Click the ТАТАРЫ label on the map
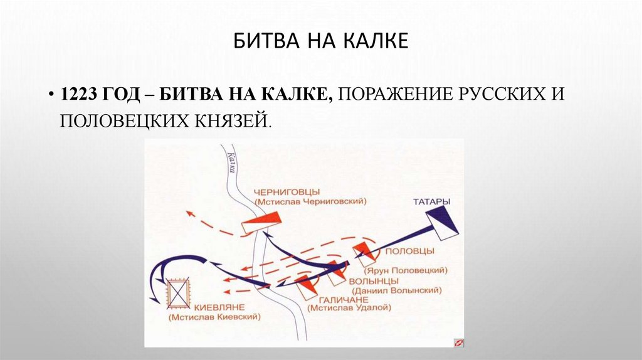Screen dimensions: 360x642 pyautogui.click(x=431, y=201)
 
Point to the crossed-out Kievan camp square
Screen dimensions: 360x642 pyautogui.click(x=180, y=293)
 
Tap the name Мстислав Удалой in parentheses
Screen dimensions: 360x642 pyautogui.click(x=349, y=309)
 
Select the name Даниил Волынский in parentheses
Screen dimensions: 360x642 pyautogui.click(x=396, y=290)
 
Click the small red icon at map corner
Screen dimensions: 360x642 pyautogui.click(x=458, y=342)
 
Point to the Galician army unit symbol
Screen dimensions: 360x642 pyautogui.click(x=306, y=287)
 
